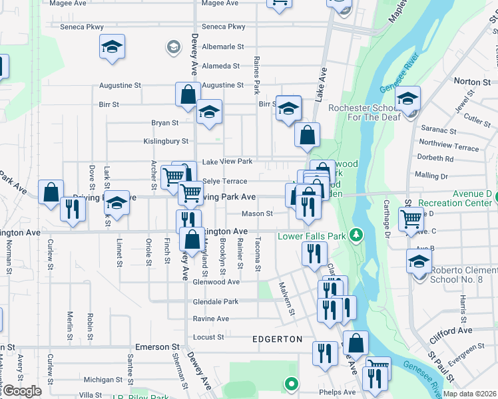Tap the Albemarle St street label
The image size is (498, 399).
click(x=223, y=47)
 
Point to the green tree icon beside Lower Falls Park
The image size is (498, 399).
click(x=357, y=234)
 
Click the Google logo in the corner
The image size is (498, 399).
click(x=21, y=391)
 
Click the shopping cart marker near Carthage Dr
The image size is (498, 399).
click(x=411, y=218)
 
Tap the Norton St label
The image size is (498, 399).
click(x=471, y=81)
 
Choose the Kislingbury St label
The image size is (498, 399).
click(x=166, y=141)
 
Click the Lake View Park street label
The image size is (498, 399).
click(x=228, y=162)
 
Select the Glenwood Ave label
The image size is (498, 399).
click(x=215, y=281)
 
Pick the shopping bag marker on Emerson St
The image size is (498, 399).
click(x=357, y=343)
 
